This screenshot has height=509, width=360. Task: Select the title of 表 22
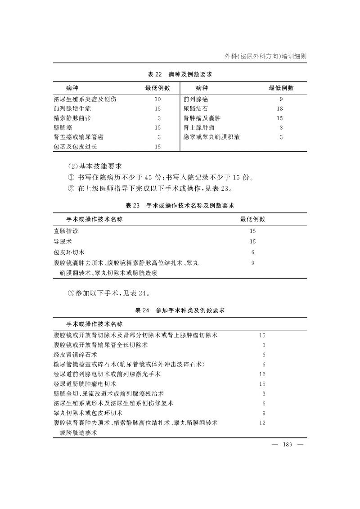[180, 74]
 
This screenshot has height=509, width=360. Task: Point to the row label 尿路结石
[196, 108]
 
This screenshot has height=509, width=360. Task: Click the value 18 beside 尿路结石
[280, 108]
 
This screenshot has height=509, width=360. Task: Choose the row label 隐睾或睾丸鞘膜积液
[211, 137]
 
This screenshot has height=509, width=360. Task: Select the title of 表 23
[180, 205]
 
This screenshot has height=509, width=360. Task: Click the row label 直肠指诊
[65, 231]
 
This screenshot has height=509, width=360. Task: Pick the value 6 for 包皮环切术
[253, 252]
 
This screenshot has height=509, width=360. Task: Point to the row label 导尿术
[63, 242]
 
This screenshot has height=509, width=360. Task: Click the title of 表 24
[180, 311]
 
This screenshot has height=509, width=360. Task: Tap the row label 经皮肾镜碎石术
[75, 355]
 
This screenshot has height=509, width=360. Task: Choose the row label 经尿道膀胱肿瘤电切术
[85, 384]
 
